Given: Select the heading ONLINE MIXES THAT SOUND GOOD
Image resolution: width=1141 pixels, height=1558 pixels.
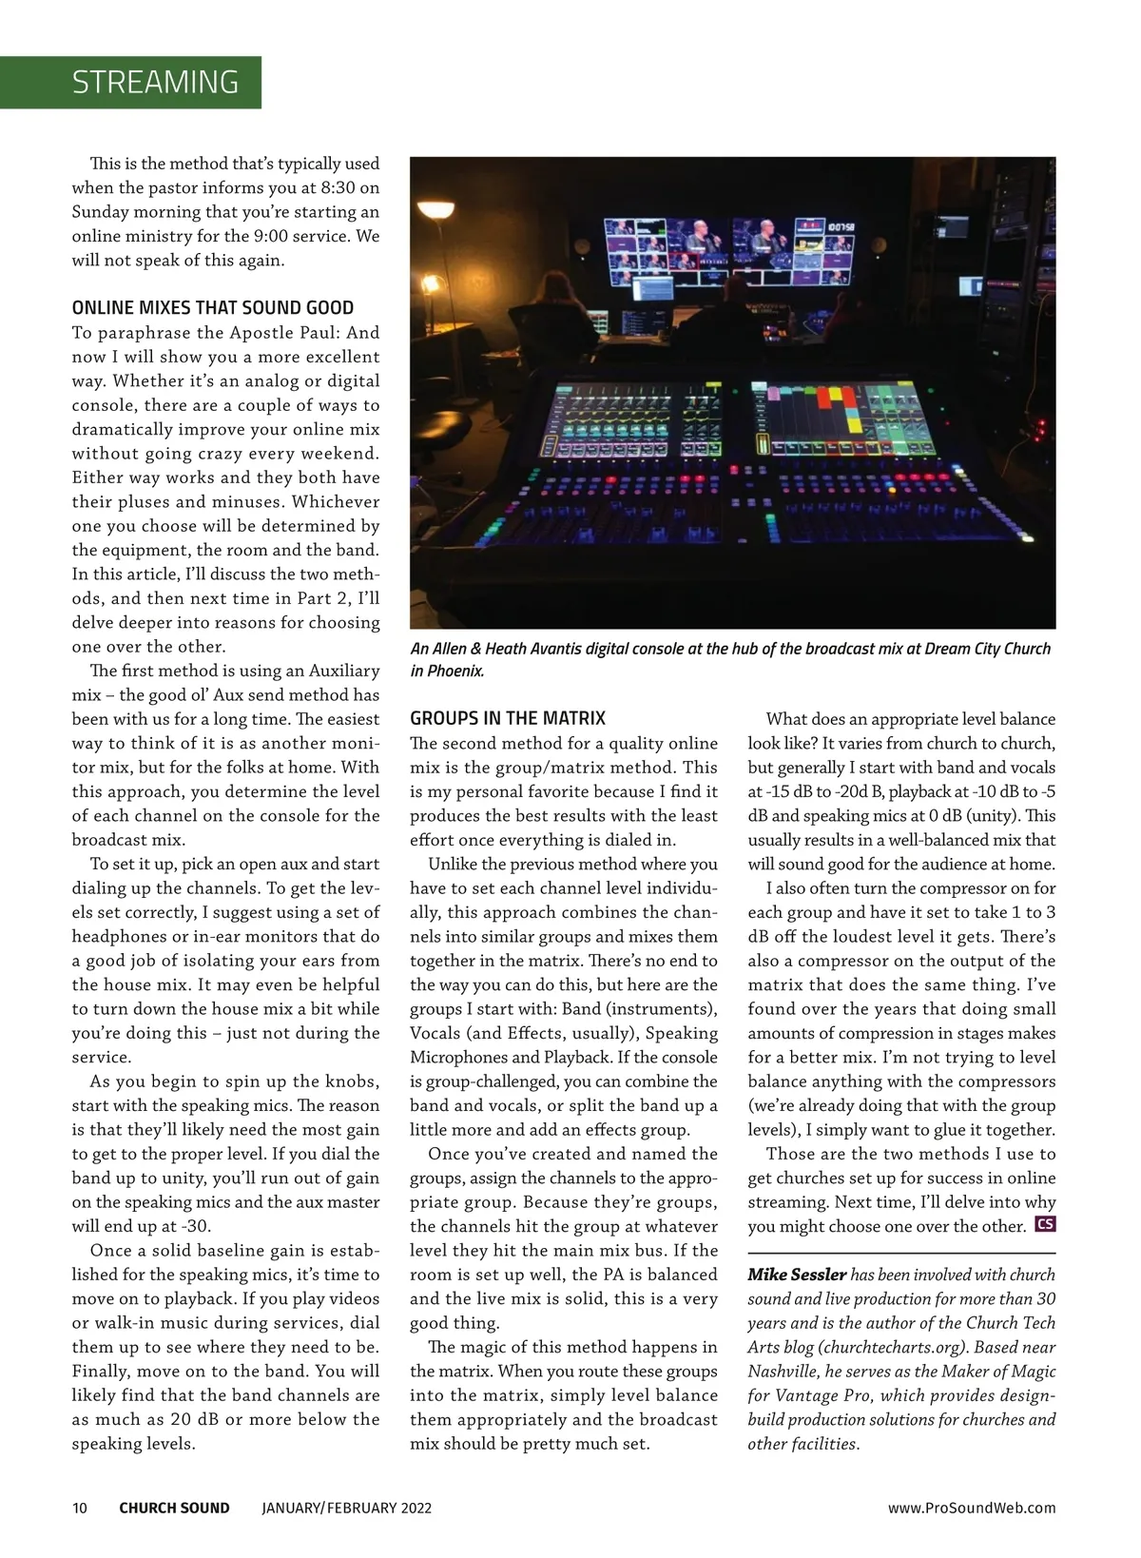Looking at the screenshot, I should click(x=213, y=308).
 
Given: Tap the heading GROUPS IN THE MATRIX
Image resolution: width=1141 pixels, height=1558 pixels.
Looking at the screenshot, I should click(x=508, y=718).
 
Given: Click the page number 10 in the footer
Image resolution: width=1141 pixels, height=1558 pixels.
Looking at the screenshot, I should click(x=80, y=1508).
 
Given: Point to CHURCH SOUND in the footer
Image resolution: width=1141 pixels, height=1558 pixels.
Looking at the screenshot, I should click(x=174, y=1508).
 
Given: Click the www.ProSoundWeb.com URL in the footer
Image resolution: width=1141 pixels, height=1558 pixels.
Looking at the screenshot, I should click(x=971, y=1508).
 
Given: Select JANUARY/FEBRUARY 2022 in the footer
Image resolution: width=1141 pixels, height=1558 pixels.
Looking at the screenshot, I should click(x=346, y=1508).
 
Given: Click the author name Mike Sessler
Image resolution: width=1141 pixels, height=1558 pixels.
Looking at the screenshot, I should click(x=797, y=1275).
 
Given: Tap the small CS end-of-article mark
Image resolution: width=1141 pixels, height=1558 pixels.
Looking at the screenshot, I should click(x=1045, y=1224).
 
